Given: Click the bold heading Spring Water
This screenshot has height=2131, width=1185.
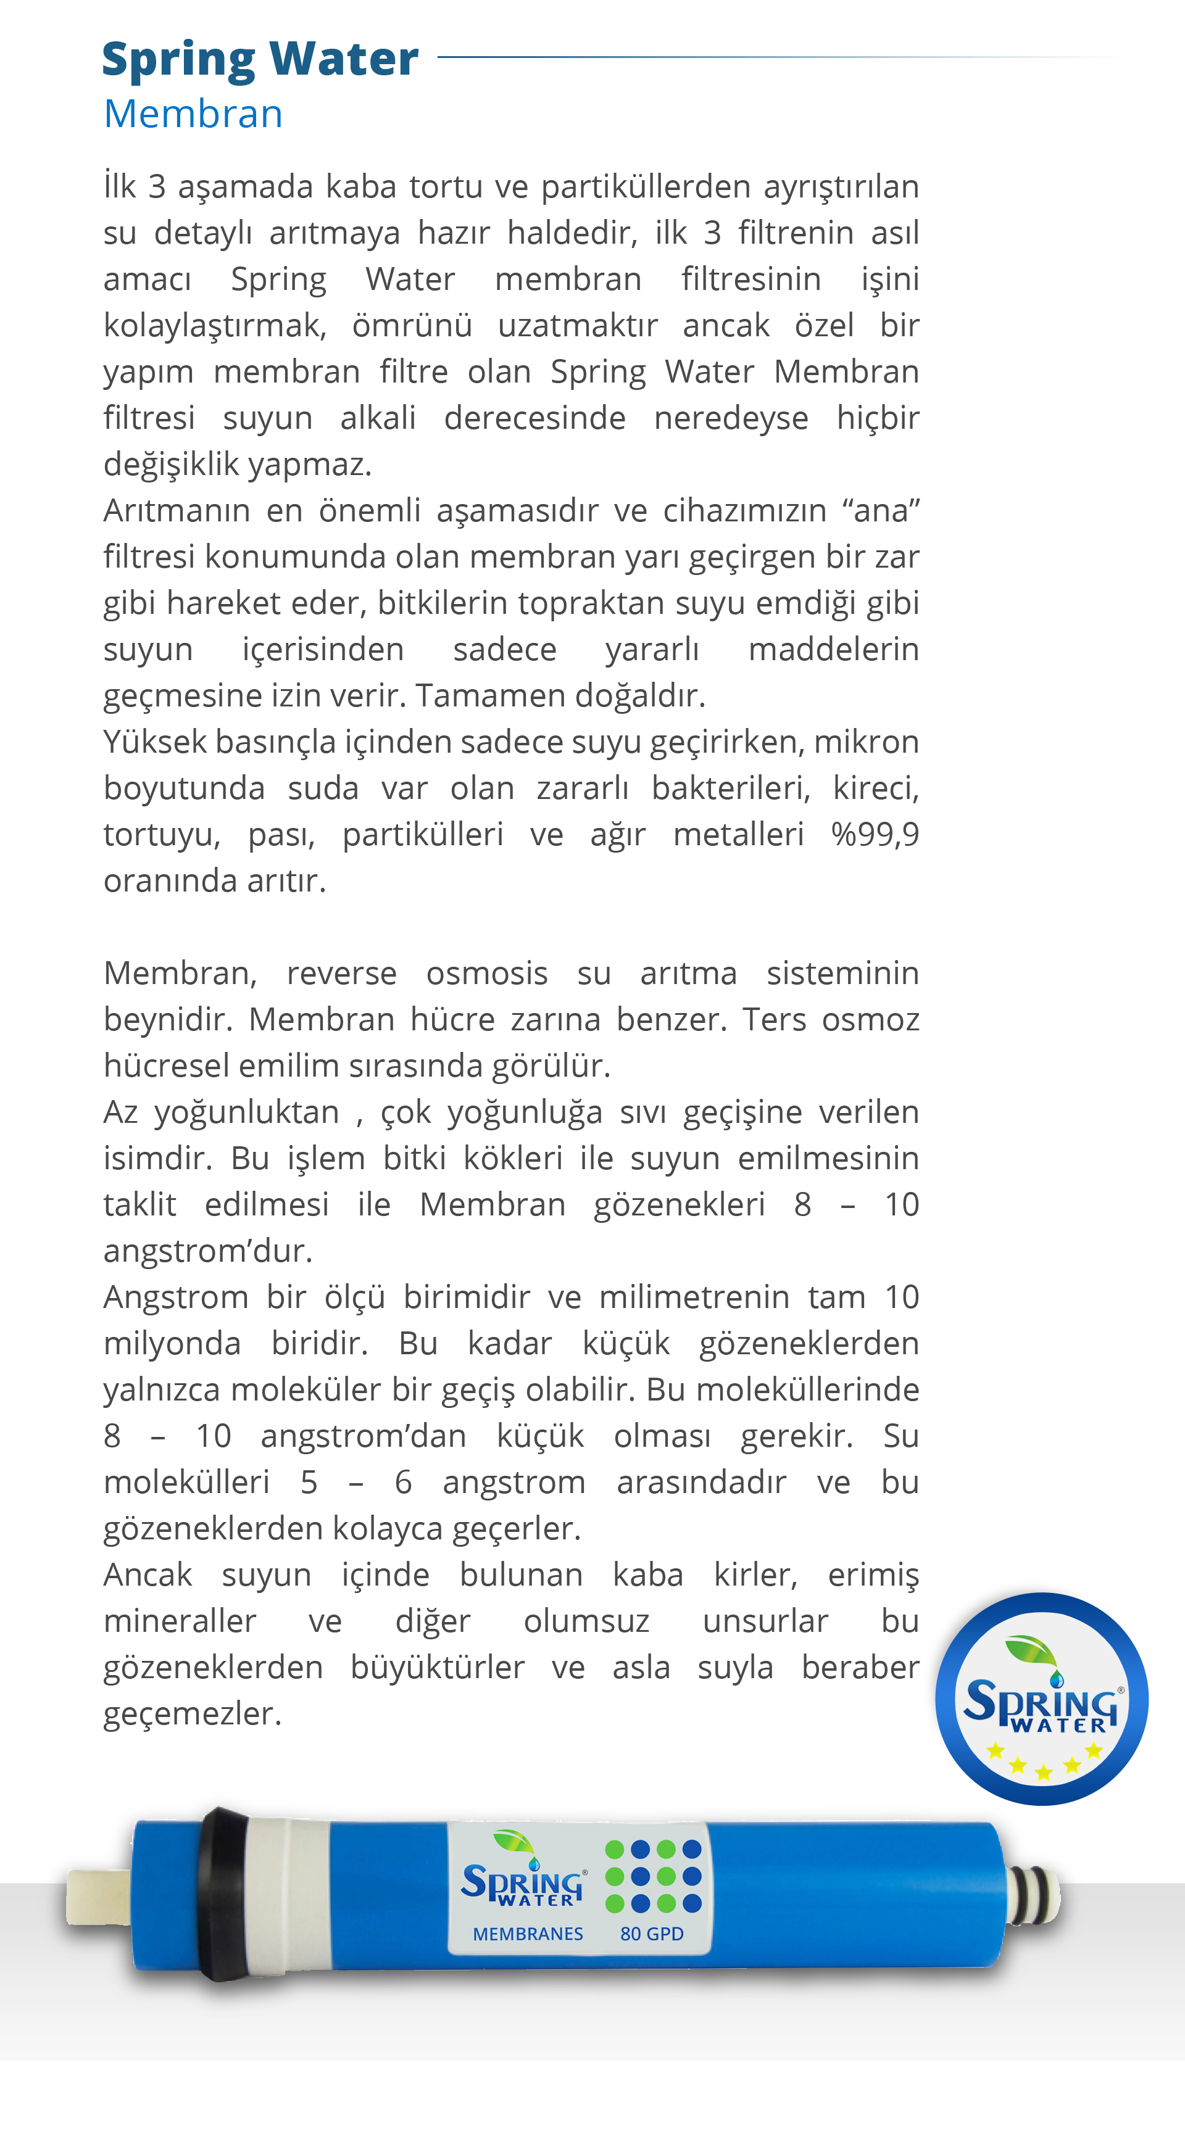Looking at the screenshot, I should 260,60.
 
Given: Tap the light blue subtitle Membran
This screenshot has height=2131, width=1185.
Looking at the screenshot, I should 193,114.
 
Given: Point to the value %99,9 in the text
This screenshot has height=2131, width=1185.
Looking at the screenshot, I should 875,834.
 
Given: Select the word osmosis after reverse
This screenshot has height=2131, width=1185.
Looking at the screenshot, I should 486,974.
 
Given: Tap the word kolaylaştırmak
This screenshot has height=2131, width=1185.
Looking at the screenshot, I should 214,326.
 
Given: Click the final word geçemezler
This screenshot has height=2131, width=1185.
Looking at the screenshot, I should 192,1714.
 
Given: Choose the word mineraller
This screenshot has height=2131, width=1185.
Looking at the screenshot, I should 180,1621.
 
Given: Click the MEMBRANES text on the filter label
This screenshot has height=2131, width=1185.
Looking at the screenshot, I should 528,1934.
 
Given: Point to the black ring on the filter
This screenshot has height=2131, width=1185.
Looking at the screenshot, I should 221,1895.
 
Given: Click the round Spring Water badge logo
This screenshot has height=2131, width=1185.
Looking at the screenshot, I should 1041,1699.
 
